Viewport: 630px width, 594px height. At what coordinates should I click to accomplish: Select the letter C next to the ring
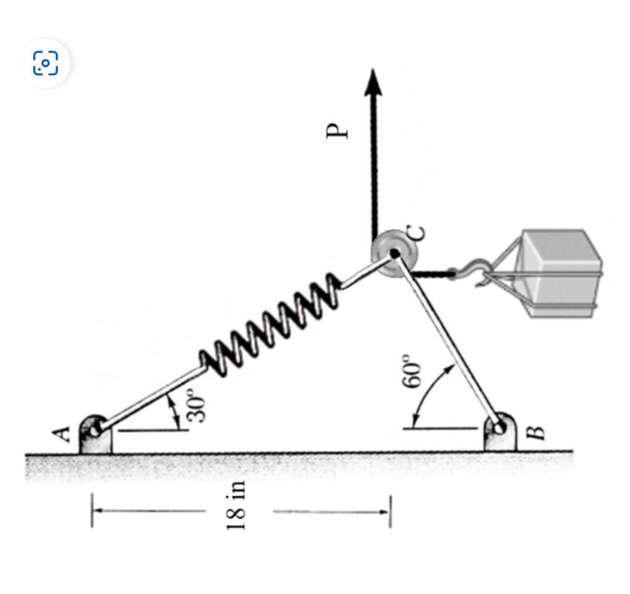(x=417, y=233)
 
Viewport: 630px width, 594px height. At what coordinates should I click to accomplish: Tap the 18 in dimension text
(x=236, y=505)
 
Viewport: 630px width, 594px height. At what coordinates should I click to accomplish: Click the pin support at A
(x=95, y=433)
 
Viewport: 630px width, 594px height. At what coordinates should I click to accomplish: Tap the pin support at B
(x=500, y=431)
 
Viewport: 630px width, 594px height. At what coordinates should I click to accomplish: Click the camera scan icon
(x=46, y=63)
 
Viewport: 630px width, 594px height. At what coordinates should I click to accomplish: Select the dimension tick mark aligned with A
(x=92, y=510)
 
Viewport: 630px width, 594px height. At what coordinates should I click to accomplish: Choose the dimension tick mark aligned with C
(x=389, y=510)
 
